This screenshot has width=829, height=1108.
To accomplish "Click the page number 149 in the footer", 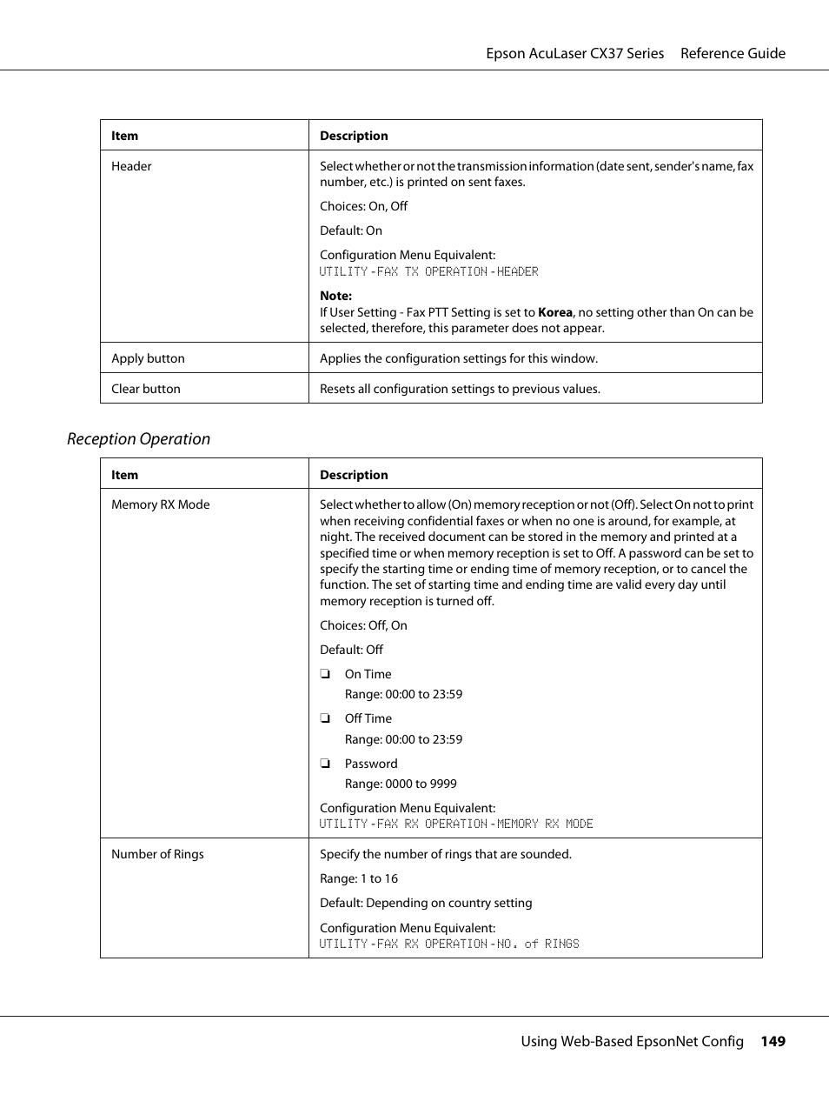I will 773,1041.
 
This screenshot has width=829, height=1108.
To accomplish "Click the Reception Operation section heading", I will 138,439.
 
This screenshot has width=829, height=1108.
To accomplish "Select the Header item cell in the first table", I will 131,166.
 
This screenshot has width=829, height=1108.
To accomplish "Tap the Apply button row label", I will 148,358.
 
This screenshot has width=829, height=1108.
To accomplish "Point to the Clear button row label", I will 146,389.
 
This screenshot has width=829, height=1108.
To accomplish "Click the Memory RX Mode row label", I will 160,504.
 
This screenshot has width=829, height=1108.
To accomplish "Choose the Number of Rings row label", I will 157,854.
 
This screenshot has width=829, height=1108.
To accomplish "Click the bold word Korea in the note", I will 555,312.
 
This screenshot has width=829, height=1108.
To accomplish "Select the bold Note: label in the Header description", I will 335,296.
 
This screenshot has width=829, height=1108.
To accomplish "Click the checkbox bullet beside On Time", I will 325,674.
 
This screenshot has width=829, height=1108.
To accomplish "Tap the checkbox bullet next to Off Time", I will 325,718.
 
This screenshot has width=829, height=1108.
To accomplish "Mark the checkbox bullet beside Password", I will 325,764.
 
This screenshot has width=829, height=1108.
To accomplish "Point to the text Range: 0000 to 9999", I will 401,784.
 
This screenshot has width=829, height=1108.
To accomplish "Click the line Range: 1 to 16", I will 359,878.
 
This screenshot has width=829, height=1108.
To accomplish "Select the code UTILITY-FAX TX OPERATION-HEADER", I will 428,271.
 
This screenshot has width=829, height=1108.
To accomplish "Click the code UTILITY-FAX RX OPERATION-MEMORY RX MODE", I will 456,824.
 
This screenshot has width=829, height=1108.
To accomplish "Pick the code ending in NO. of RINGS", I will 449,944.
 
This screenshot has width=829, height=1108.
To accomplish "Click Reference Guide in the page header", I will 733,53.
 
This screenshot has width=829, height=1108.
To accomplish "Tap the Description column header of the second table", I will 354,475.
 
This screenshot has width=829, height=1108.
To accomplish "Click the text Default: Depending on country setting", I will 426,903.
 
